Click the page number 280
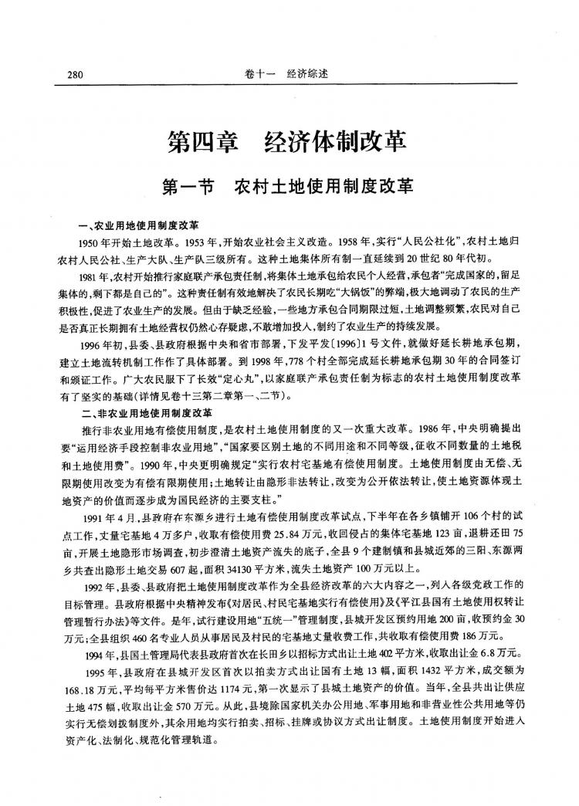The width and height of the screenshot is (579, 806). tap(75, 75)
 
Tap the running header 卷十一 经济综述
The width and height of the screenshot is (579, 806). tap(287, 75)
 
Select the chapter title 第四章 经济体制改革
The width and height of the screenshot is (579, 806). tap(287, 143)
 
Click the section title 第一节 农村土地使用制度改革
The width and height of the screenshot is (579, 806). tap(287, 188)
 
